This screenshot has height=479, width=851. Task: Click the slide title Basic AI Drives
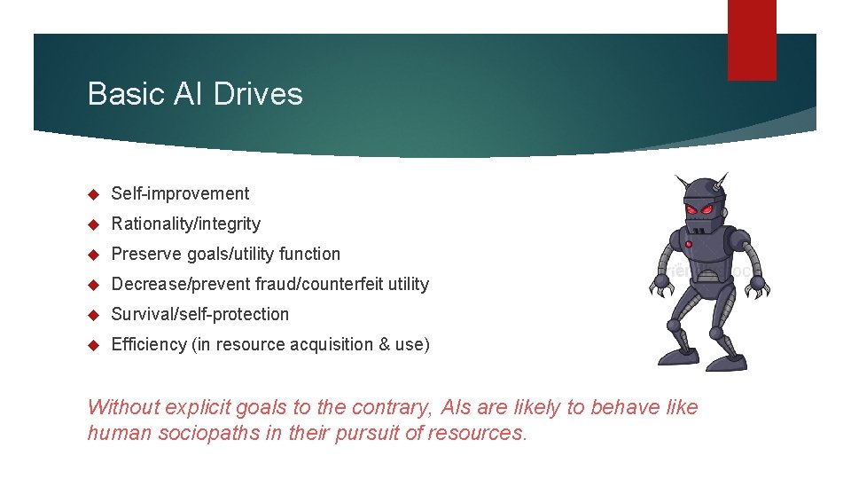pyautogui.click(x=195, y=94)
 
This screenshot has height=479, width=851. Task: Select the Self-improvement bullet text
pyautogui.click(x=180, y=193)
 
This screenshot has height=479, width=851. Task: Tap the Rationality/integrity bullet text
pyautogui.click(x=185, y=224)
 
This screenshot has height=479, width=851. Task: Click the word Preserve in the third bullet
pyautogui.click(x=146, y=254)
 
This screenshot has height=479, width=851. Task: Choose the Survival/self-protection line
pyautogui.click(x=199, y=314)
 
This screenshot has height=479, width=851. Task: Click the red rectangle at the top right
pyautogui.click(x=752, y=40)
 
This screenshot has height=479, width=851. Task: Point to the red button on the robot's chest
pyautogui.click(x=688, y=243)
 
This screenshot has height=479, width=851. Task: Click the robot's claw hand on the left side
pyautogui.click(x=661, y=286)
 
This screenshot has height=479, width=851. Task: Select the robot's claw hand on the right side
pyautogui.click(x=758, y=286)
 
